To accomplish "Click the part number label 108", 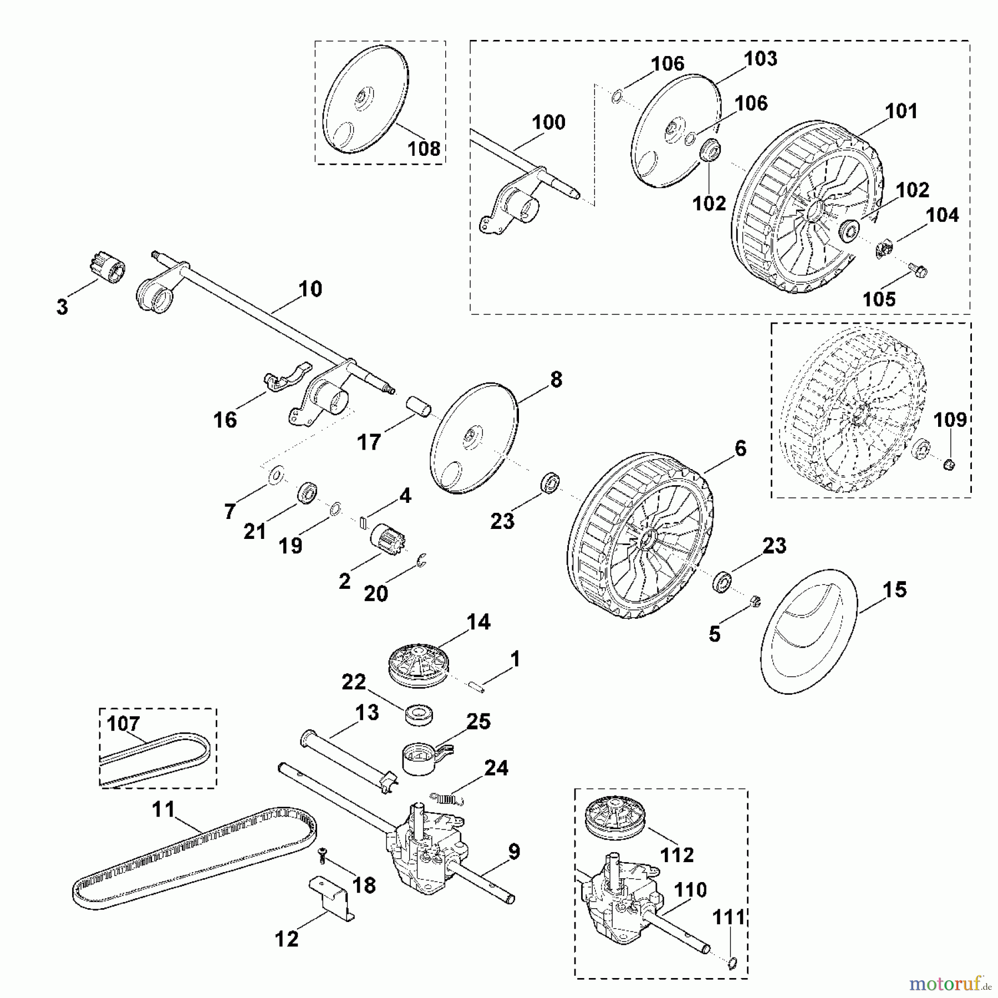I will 424,149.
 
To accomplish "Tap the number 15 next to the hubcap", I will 894,589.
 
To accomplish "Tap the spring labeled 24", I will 447,798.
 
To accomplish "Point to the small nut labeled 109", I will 948,464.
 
